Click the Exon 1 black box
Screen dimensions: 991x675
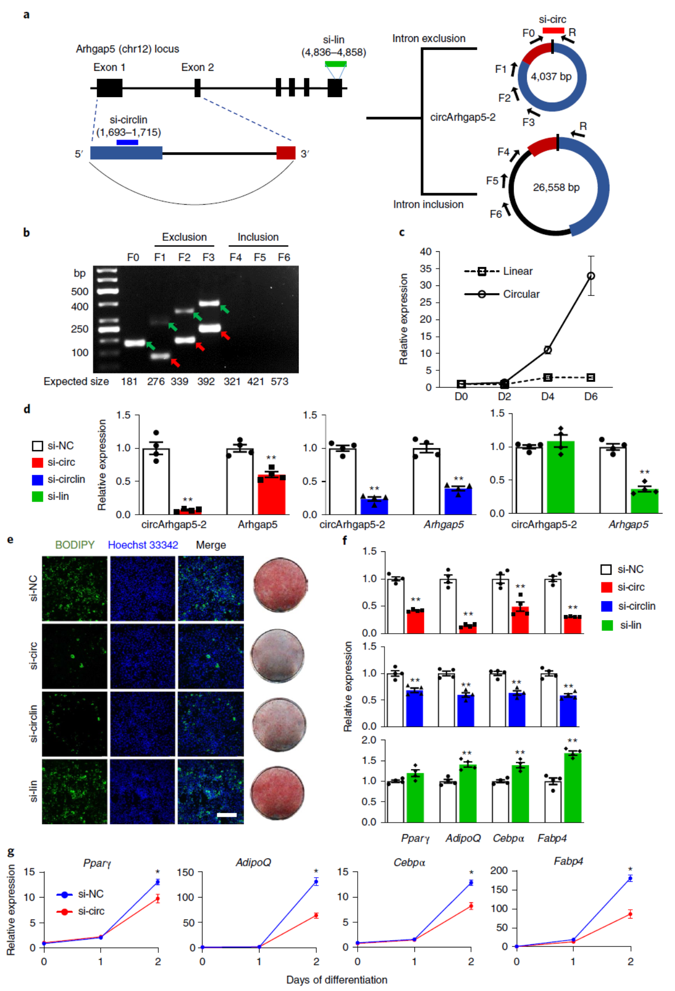[109, 88]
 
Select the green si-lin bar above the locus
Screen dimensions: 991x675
[335, 64]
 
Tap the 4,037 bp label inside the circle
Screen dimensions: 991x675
[551, 77]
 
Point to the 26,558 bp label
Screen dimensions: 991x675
[556, 187]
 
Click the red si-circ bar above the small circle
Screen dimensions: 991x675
[553, 30]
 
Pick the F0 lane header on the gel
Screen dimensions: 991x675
[133, 258]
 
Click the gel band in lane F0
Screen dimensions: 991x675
[134, 343]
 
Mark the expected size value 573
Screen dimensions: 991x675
[280, 381]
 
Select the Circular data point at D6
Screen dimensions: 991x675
[591, 276]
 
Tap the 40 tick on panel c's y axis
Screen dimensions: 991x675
[425, 252]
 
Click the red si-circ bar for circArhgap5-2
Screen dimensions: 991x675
[188, 510]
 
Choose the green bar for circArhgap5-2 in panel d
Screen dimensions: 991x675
[561, 477]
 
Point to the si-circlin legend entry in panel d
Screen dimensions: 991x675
[66, 479]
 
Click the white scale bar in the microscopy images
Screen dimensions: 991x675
[227, 815]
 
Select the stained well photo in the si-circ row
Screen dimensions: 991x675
[277, 655]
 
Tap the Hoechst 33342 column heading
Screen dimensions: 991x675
[143, 545]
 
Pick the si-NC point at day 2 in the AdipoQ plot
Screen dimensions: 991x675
[316, 881]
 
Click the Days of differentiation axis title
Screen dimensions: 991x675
[336, 979]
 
